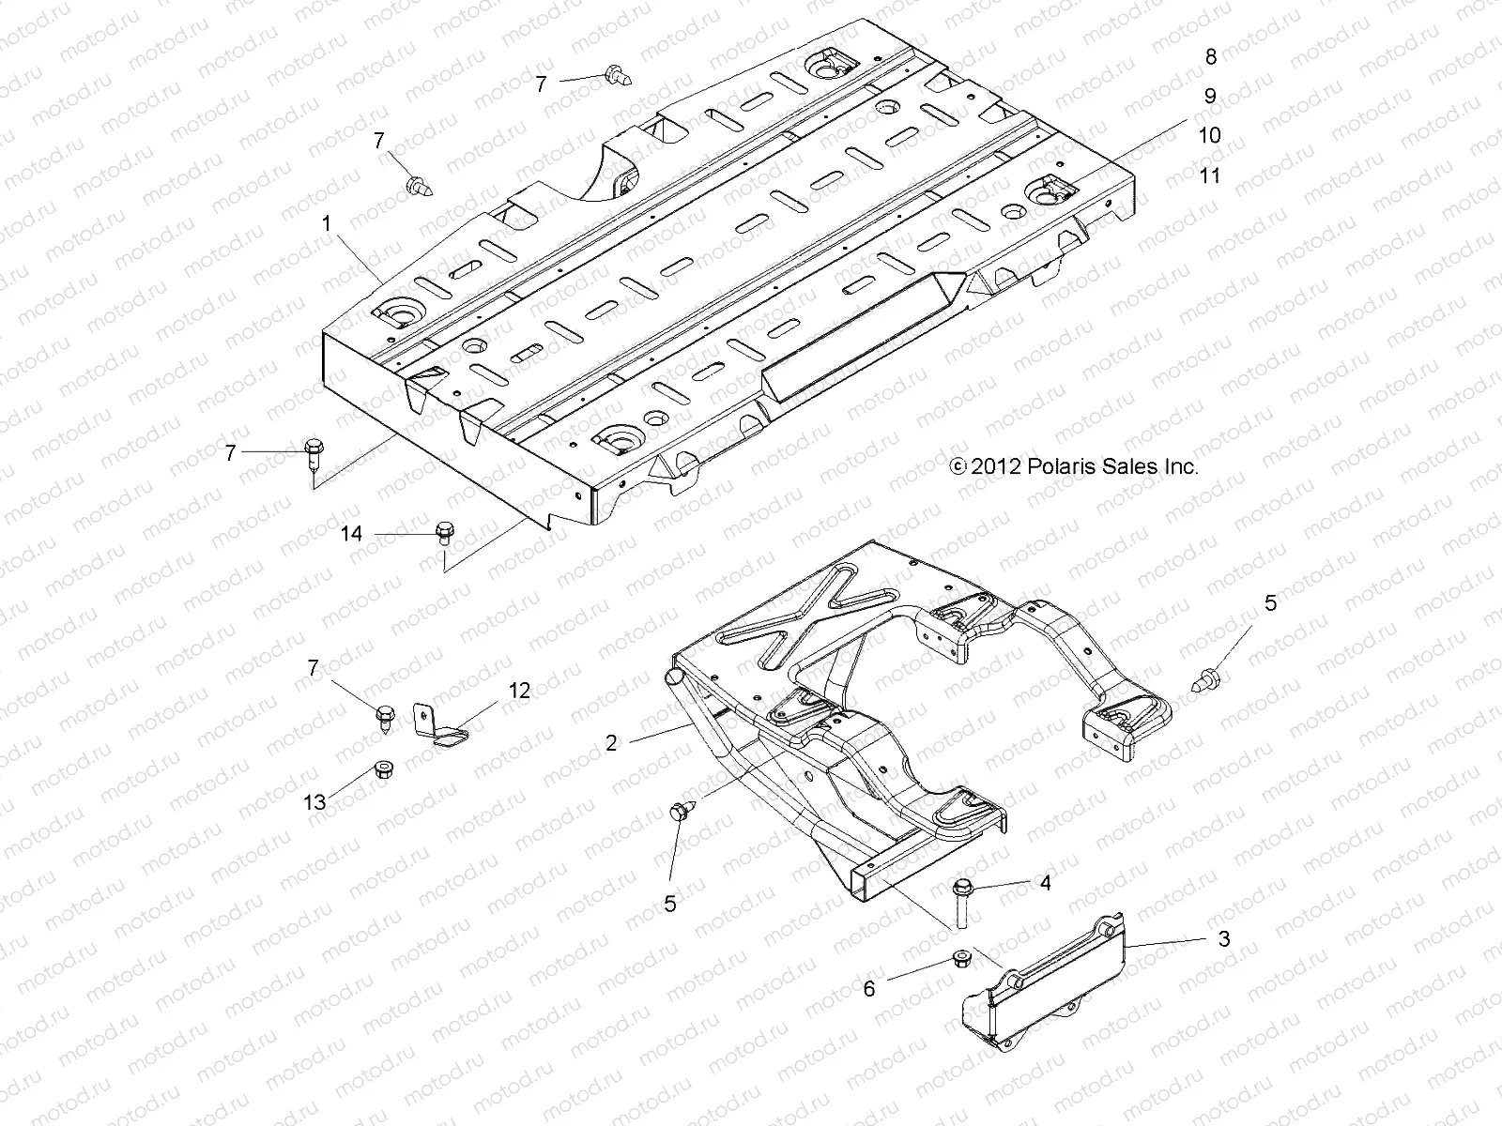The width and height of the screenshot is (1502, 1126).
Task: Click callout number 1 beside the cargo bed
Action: pyautogui.click(x=326, y=224)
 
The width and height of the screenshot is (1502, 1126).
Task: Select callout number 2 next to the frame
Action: pyautogui.click(x=611, y=743)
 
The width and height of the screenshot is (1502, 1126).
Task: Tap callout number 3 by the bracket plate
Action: pyautogui.click(x=1222, y=939)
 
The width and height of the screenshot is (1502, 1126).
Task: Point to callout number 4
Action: pyautogui.click(x=1045, y=883)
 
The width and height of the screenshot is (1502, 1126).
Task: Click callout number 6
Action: pyautogui.click(x=869, y=988)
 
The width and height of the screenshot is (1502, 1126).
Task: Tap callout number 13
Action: pyautogui.click(x=314, y=802)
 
